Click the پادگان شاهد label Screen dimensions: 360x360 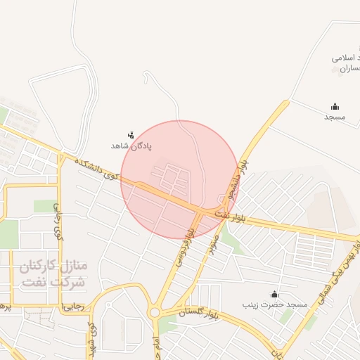tap(131, 145)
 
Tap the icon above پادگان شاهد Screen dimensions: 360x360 tap(131, 134)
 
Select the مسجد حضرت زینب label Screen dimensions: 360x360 tap(276, 305)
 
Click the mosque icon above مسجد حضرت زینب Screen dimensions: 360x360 tap(274, 294)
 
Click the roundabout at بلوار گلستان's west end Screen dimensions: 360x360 tap(154, 312)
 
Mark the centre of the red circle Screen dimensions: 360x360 tap(180, 179)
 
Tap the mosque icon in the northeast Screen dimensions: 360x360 tap(334, 106)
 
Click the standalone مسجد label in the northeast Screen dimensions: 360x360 tap(335, 117)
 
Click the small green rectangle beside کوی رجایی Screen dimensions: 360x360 tap(44, 206)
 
